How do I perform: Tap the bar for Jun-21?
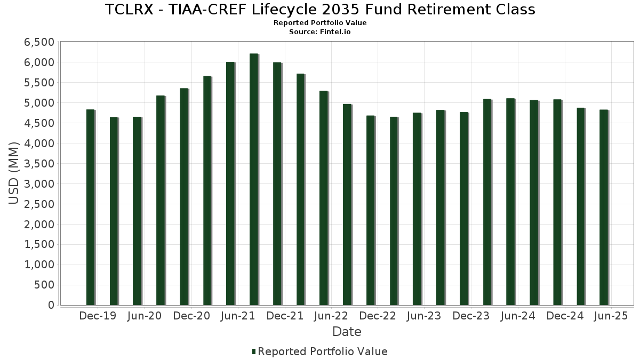230,183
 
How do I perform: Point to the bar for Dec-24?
557,202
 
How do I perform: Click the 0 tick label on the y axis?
51,305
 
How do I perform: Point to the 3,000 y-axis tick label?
39,184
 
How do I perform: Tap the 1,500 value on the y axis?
39,244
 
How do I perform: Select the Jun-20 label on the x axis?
144,316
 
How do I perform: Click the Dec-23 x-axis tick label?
471,316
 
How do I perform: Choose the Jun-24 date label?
517,316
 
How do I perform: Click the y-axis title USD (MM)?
14,173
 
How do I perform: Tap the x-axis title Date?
347,332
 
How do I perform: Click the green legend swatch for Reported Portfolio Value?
254,351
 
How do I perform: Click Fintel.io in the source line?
335,31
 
